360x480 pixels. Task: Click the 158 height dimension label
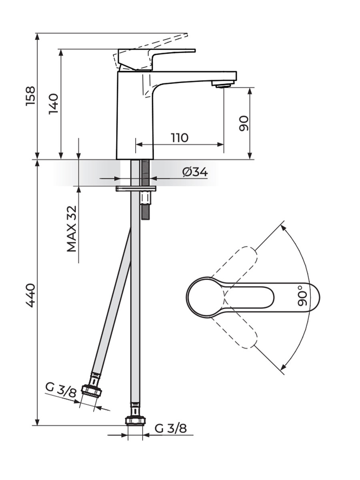(30, 96)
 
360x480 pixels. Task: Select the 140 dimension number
(54, 104)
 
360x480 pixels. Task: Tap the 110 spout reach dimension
(180, 138)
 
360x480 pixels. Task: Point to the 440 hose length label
(30, 296)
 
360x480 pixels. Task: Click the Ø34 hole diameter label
(195, 172)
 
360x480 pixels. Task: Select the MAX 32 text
(72, 229)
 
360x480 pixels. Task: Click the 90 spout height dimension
(244, 123)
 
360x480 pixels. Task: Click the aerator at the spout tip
(223, 84)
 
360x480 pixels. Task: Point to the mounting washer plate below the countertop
(136, 189)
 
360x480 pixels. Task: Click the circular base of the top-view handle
(206, 297)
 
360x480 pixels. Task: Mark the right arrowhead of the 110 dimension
(220, 144)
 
